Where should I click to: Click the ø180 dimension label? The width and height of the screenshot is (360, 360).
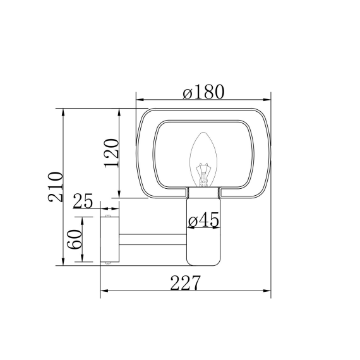pos(203,92)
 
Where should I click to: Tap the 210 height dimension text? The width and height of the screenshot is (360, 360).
pos(56,187)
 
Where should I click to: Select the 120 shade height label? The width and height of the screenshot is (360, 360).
pos(112,153)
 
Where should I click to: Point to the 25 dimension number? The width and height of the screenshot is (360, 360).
pos(83,201)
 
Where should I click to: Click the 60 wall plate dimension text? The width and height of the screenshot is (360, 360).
pos(75,239)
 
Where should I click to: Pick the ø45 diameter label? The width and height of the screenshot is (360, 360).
pos(203,220)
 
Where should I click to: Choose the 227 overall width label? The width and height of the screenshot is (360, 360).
pos(185,282)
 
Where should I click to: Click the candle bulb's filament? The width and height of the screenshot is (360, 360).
pos(203,174)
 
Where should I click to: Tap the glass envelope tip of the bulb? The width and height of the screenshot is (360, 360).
pos(203,133)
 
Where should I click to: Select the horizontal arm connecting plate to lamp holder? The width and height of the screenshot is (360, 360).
pos(153,239)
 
